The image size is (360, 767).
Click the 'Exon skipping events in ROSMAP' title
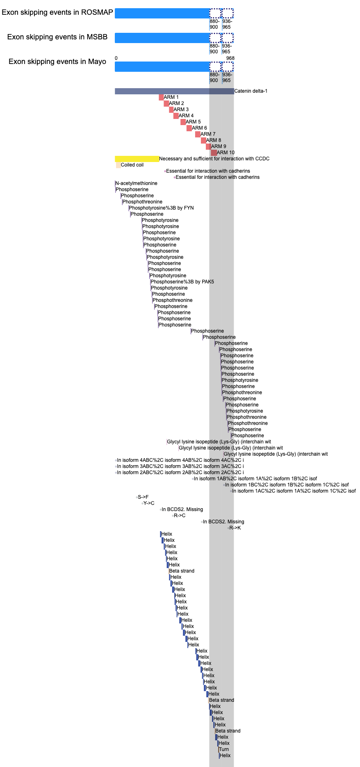(57, 12)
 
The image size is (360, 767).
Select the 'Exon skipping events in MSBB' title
(57, 37)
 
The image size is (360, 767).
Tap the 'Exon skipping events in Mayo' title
(57, 62)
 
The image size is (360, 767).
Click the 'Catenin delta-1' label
(251, 91)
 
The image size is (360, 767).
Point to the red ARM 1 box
(161, 97)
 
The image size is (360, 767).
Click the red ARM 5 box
(183, 122)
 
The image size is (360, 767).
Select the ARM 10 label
(226, 153)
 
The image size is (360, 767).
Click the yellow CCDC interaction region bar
(137, 159)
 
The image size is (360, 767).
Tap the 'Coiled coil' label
(132, 165)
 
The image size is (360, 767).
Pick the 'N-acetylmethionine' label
(137, 183)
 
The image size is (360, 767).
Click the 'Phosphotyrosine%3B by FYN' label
(162, 208)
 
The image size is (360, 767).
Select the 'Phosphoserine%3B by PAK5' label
(182, 282)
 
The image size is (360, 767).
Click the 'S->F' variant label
(143, 497)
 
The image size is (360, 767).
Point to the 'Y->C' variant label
(149, 503)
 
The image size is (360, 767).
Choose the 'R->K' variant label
(235, 528)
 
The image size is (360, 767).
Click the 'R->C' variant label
(180, 516)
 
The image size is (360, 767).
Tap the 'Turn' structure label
(224, 749)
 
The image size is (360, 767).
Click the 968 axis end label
(230, 58)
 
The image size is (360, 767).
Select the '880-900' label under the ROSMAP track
(214, 24)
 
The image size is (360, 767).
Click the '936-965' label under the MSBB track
(227, 49)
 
